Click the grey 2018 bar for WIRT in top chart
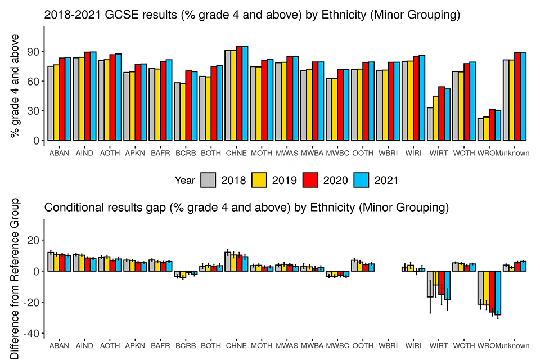pyautogui.click(x=430, y=124)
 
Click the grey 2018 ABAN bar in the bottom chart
pyautogui.click(x=51, y=262)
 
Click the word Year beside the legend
pyautogui.click(x=185, y=180)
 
